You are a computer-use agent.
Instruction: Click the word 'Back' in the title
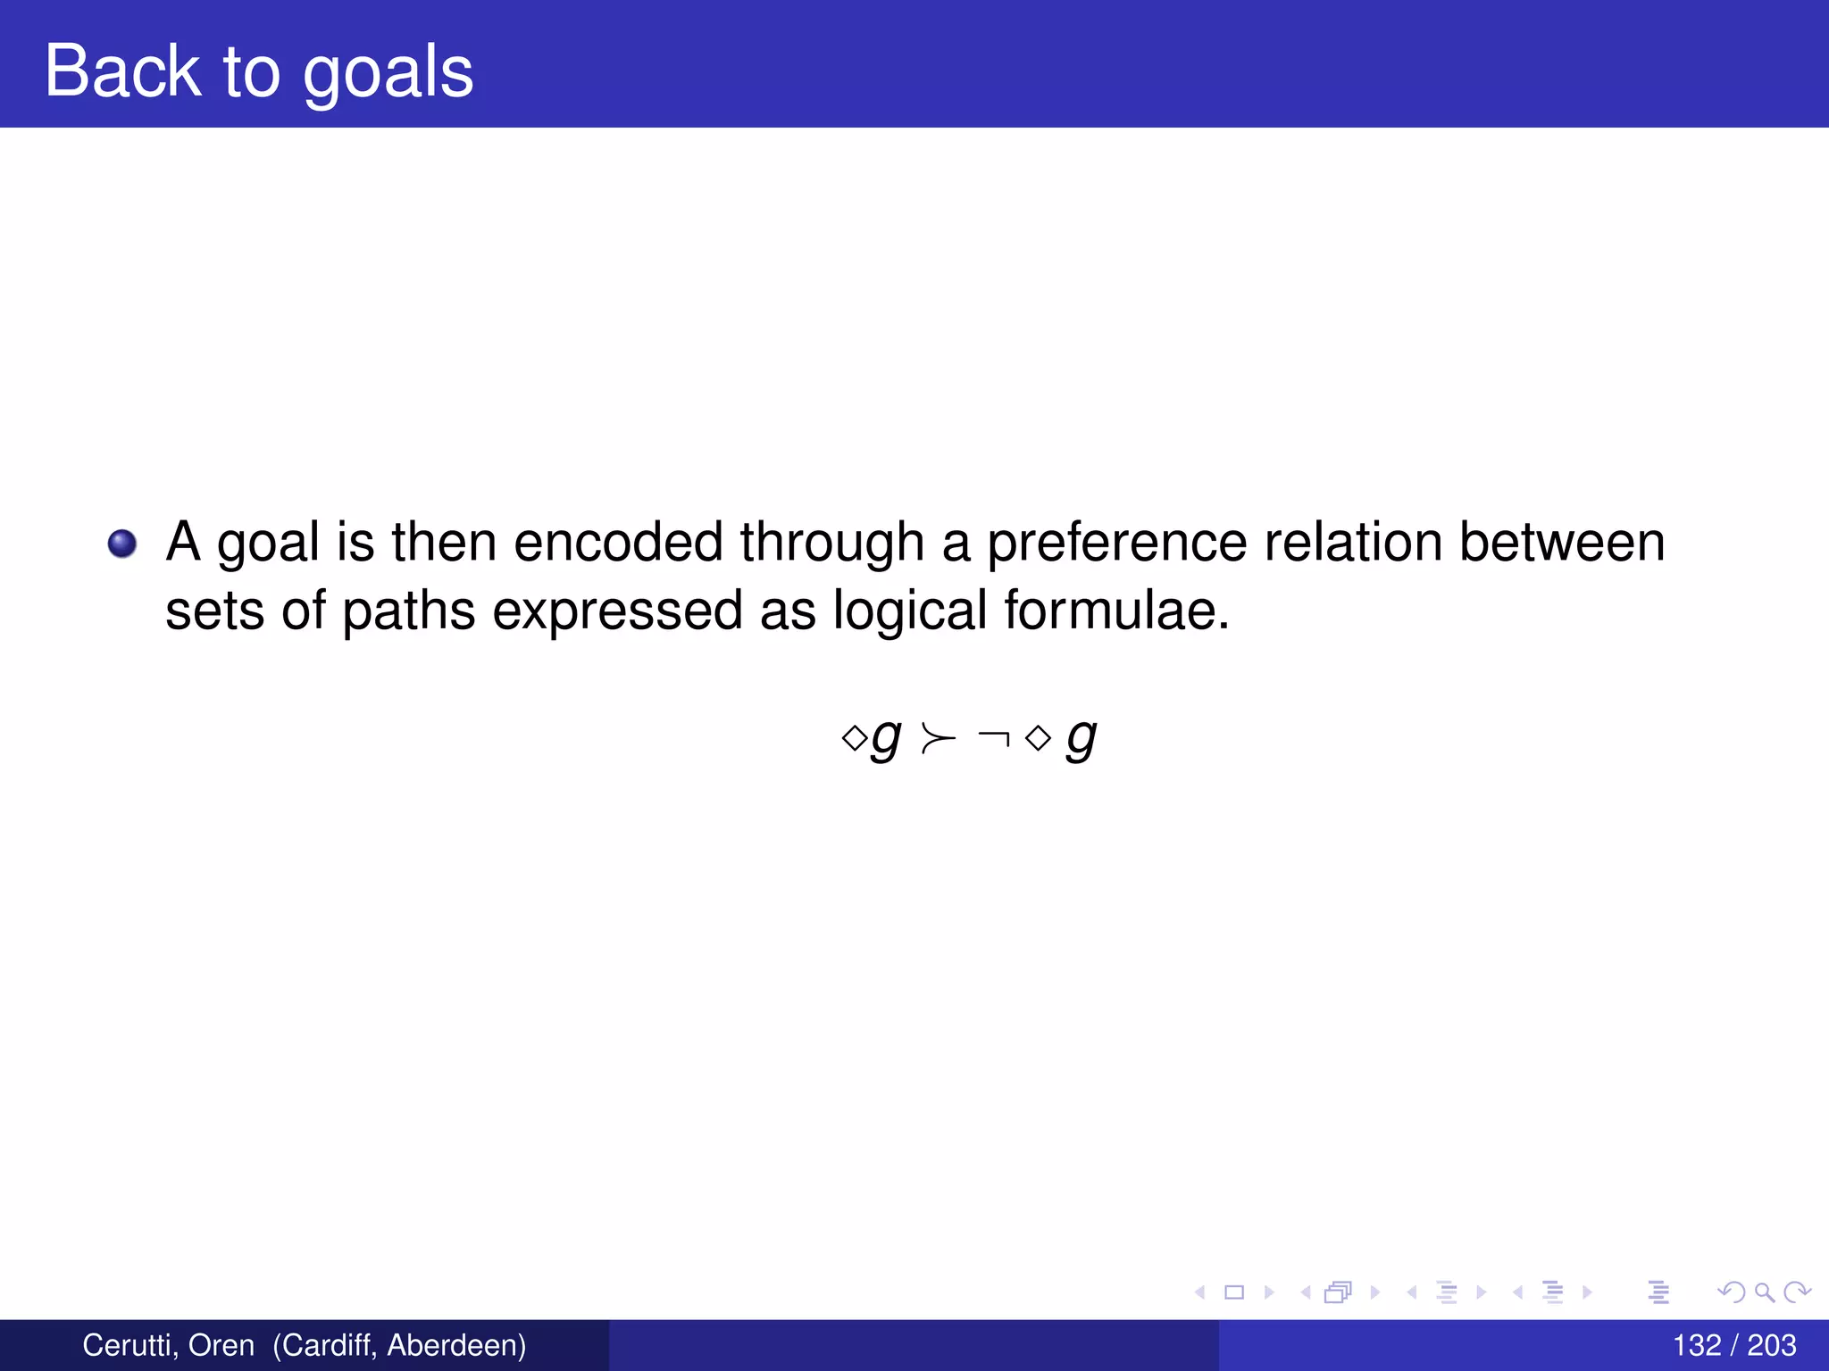(x=122, y=71)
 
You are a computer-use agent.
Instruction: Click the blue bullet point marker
(x=122, y=544)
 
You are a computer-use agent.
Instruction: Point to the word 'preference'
(x=1116, y=544)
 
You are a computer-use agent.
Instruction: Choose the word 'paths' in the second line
(x=408, y=612)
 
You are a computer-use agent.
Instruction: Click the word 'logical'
(x=909, y=612)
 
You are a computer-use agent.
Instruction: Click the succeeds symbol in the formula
(x=938, y=739)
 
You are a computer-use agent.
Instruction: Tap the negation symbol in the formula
(x=994, y=737)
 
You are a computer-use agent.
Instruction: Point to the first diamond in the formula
(x=854, y=738)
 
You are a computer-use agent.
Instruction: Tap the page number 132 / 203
(x=1733, y=1345)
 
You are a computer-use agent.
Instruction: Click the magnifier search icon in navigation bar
(x=1764, y=1292)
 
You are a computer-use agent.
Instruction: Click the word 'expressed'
(x=617, y=612)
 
